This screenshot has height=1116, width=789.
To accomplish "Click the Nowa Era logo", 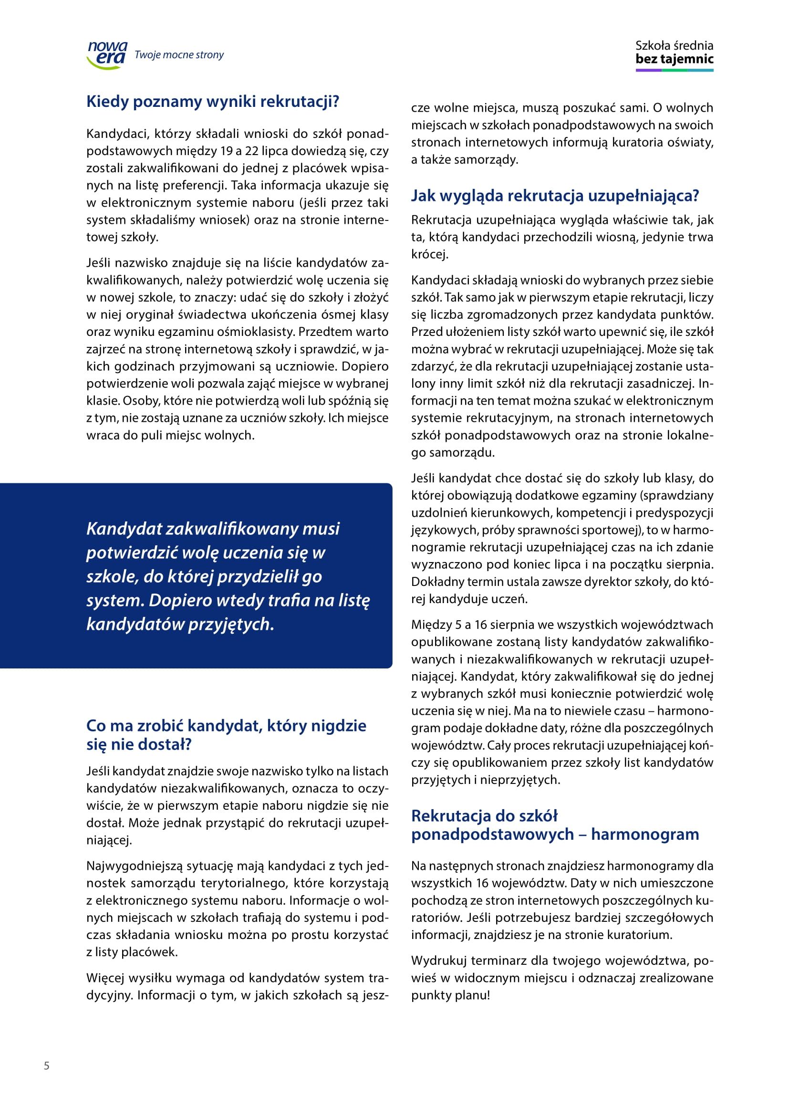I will pos(107,54).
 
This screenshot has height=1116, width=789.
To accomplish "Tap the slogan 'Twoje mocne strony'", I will pos(179,55).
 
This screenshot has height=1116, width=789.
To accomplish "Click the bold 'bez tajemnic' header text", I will pos(675,59).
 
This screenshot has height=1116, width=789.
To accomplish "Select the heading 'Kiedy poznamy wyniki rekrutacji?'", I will pos(212,102).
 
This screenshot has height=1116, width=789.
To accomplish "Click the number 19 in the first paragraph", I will pos(227,151).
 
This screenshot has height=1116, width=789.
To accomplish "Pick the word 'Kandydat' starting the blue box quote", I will pos(124,528).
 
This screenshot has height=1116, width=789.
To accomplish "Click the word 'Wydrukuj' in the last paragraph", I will pos(439,960).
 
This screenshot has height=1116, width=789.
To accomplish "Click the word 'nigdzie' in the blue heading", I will pos(338,726).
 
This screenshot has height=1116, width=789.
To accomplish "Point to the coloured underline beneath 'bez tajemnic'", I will pos(675,71).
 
